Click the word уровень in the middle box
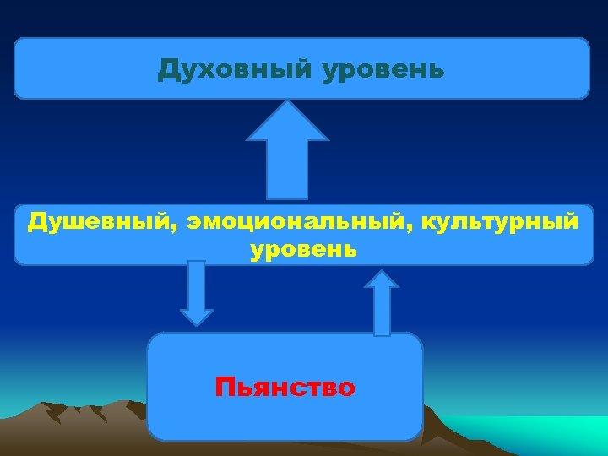click(303, 251)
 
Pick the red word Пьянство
click(285, 388)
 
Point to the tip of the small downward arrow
click(197, 323)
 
